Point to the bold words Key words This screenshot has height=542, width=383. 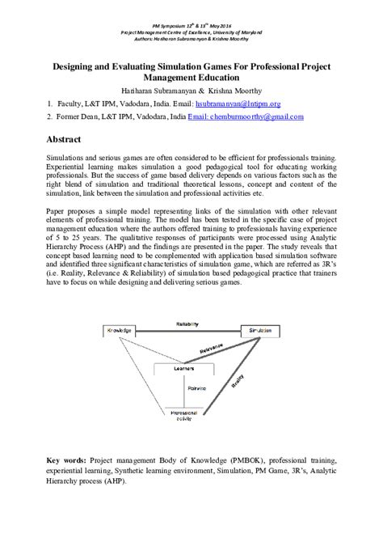point(67,458)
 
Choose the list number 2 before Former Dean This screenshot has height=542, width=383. point(50,116)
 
